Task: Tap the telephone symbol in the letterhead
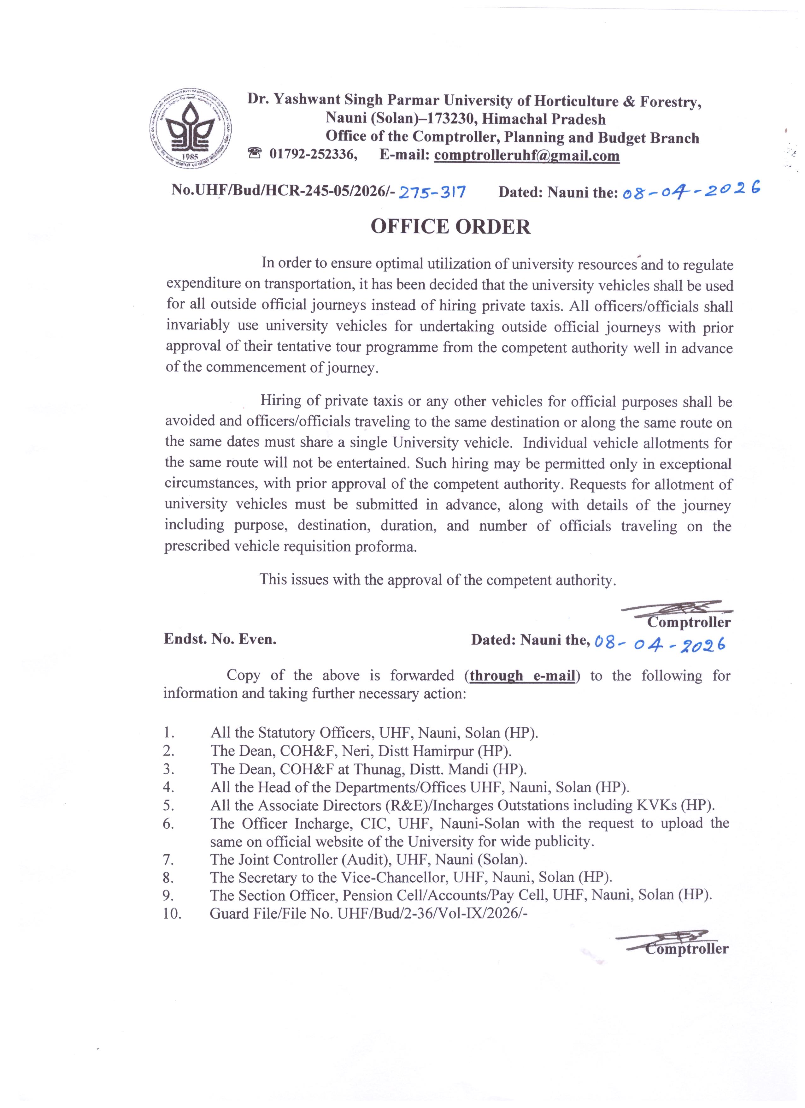coord(255,154)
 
